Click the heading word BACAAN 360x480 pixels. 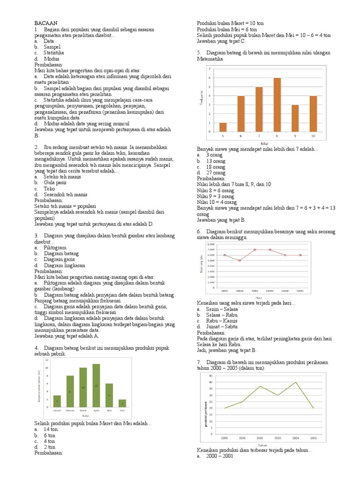click(x=45, y=23)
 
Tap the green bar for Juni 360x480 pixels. click(x=122, y=403)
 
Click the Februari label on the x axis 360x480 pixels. click(x=70, y=410)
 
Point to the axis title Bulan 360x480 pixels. click(x=86, y=415)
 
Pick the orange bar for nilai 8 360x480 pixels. click(x=277, y=105)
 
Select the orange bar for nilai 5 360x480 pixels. click(x=223, y=127)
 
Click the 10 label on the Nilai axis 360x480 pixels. click(x=313, y=136)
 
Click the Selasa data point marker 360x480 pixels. click(x=240, y=260)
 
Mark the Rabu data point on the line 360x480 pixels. click(x=255, y=250)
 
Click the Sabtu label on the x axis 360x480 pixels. click(x=300, y=291)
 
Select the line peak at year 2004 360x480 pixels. click(x=295, y=382)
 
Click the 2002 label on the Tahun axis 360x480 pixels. click(x=260, y=438)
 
